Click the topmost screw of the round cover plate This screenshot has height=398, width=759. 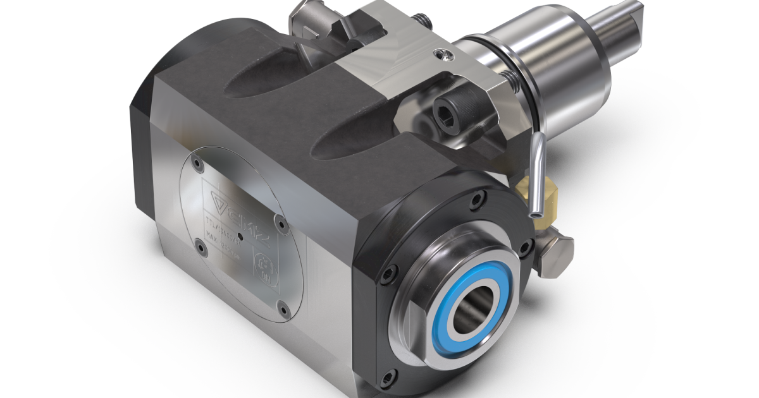click(x=200, y=163)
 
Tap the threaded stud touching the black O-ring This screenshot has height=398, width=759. click(x=509, y=79)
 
